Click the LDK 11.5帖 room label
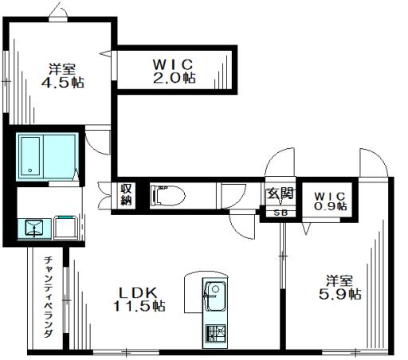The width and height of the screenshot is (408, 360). pyautogui.click(x=139, y=299)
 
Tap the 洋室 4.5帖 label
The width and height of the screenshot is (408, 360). pyautogui.click(x=63, y=76)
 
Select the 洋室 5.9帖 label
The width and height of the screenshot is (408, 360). pyautogui.click(x=339, y=288)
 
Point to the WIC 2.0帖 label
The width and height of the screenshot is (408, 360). pyautogui.click(x=174, y=71)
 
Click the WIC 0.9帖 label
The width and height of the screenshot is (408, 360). pyautogui.click(x=330, y=202)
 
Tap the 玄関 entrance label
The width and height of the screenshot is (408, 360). pyautogui.click(x=280, y=193)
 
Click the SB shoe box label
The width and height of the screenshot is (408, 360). pyautogui.click(x=280, y=213)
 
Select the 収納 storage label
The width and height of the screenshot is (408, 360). pyautogui.click(x=126, y=195)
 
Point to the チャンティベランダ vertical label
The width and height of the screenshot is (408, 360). pyautogui.click(x=49, y=296)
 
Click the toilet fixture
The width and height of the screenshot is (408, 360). pyautogui.click(x=168, y=195)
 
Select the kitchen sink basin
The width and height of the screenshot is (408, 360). pyautogui.click(x=216, y=296)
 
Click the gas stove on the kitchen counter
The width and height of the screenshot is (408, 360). pyautogui.click(x=216, y=333)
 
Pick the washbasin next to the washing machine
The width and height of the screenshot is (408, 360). pyautogui.click(x=34, y=228)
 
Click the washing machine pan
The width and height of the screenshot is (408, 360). pyautogui.click(x=66, y=228)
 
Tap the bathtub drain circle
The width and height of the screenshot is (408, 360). pyautogui.click(x=30, y=170)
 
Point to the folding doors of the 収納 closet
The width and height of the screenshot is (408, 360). pyautogui.click(x=104, y=195)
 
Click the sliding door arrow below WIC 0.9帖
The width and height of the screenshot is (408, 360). pyautogui.click(x=306, y=229)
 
